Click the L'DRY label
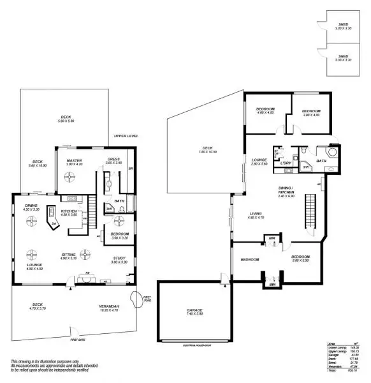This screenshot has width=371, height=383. (x=286, y=163)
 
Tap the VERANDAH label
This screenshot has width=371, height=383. (x=110, y=308)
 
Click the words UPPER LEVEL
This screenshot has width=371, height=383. (x=126, y=137)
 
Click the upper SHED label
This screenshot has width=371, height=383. (x=343, y=26)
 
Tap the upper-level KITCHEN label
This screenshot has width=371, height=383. (x=69, y=212)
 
